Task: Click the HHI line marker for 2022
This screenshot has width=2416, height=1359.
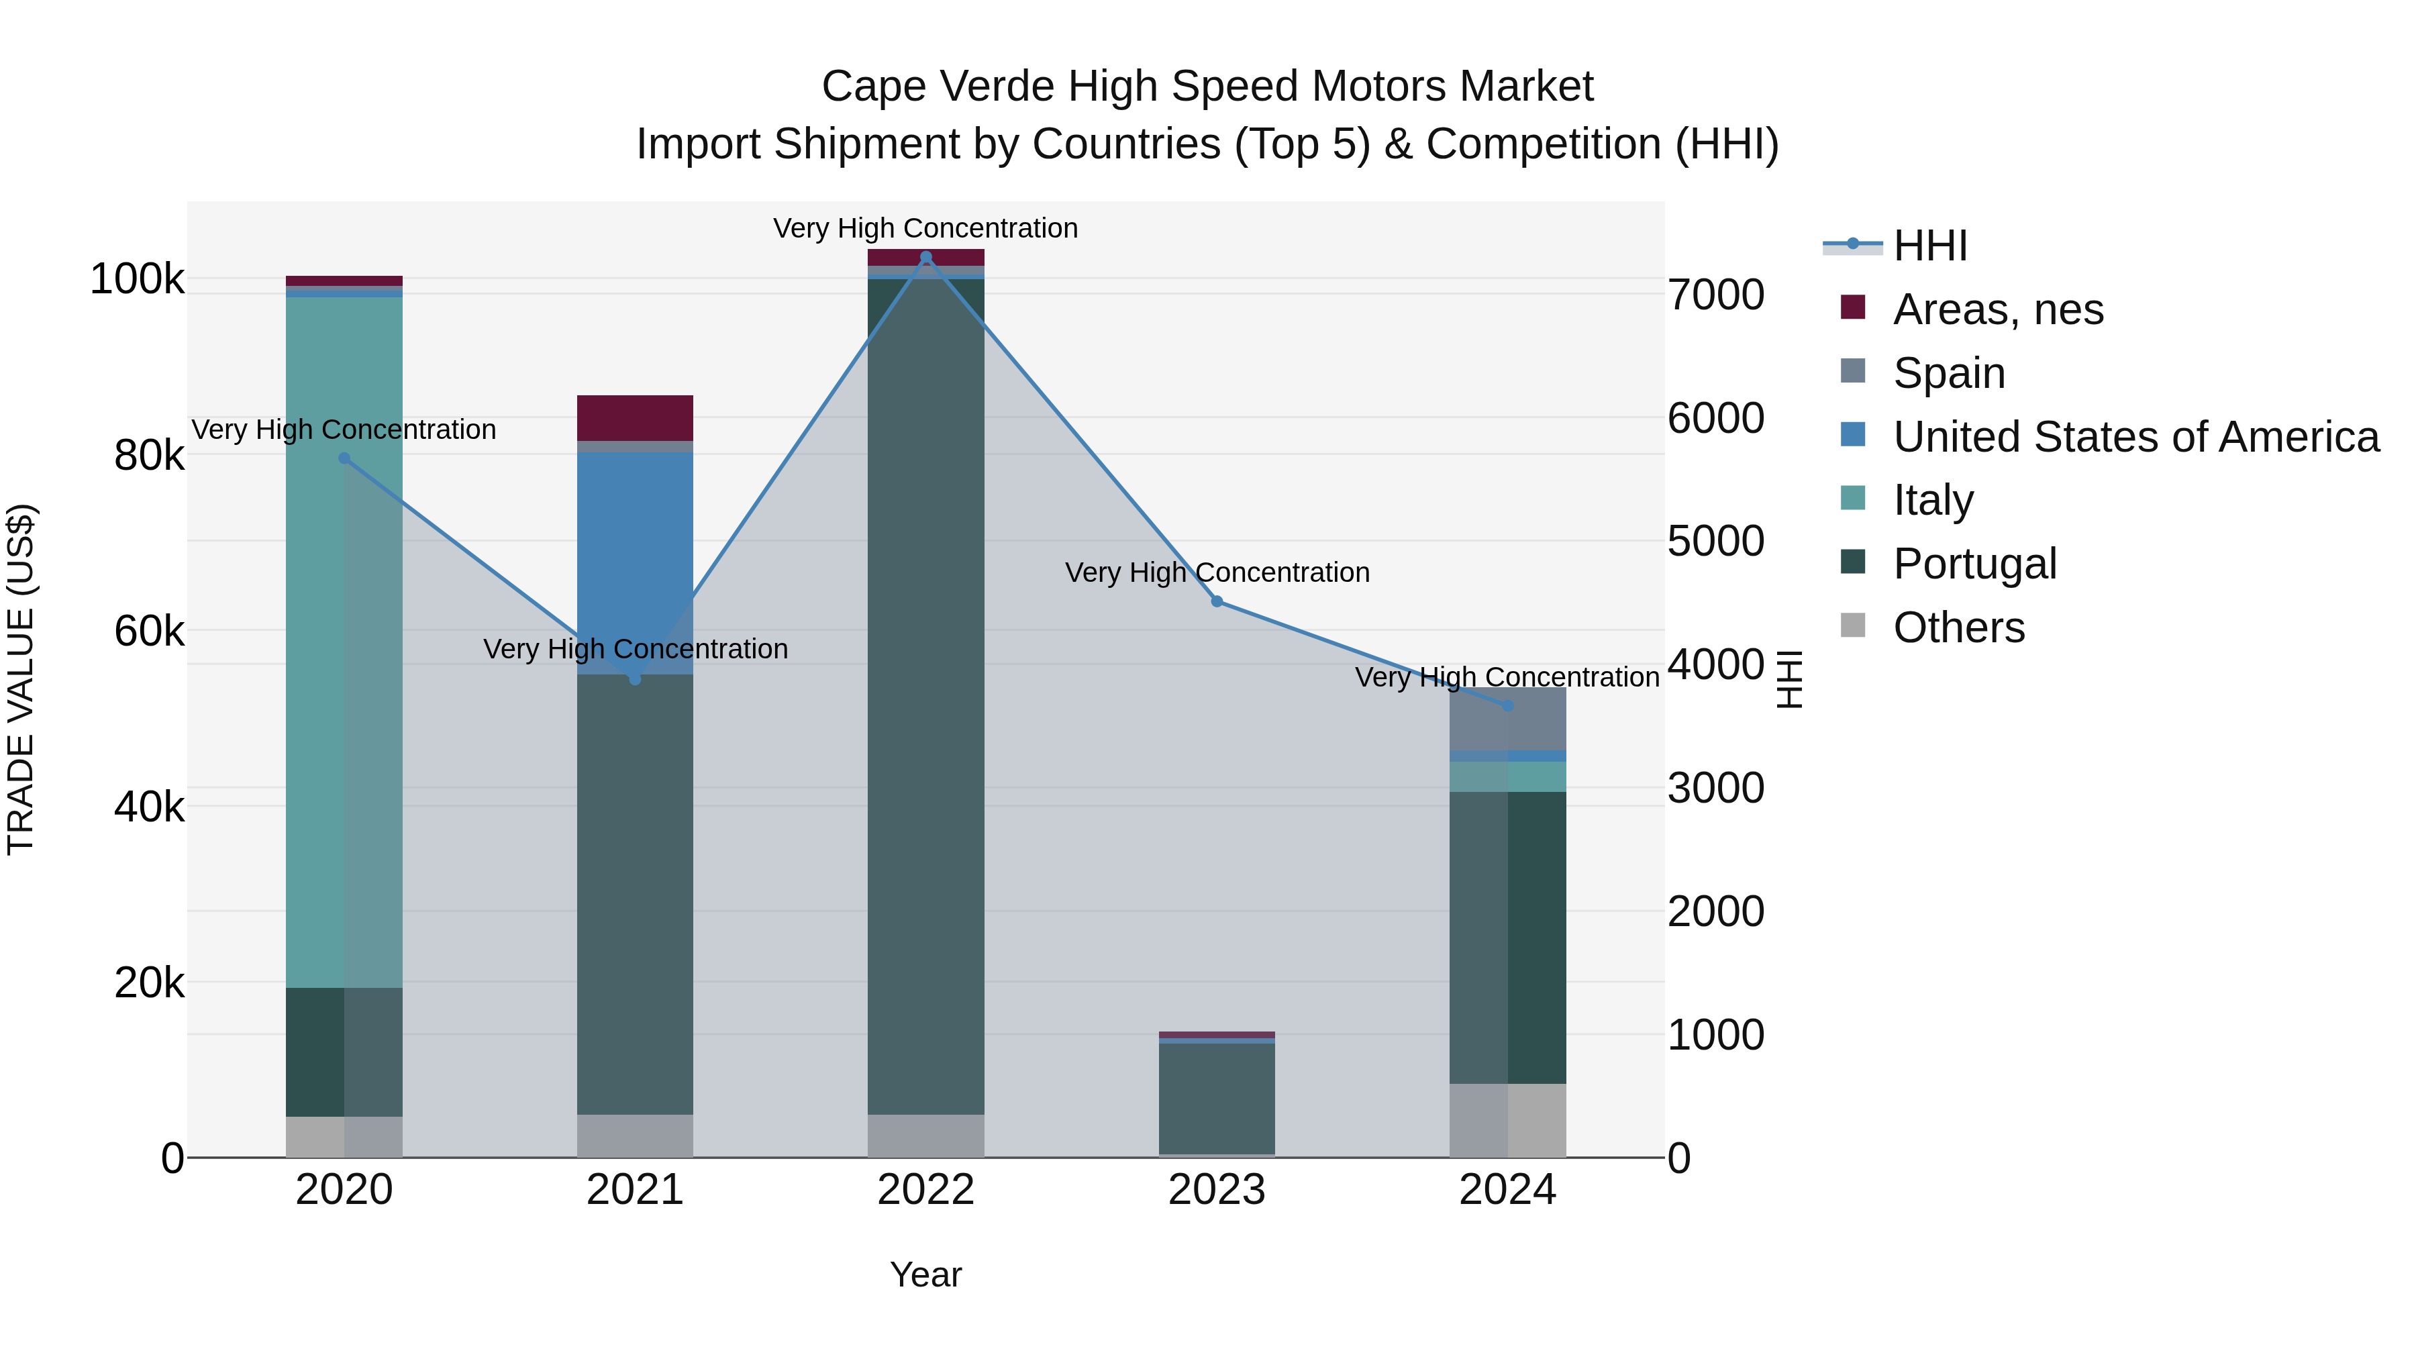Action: (925, 257)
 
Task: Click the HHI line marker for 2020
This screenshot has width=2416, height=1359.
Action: (344, 458)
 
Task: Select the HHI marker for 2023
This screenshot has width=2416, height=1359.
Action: (1217, 601)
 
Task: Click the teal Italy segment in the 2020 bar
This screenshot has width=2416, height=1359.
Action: (344, 638)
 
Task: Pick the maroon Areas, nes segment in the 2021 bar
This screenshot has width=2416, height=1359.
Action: (635, 417)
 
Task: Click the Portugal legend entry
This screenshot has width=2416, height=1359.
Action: (1974, 564)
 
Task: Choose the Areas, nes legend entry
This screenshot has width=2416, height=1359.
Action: (1998, 309)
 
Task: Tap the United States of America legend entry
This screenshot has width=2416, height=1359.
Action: (2135, 437)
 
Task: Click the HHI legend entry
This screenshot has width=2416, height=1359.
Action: (1929, 246)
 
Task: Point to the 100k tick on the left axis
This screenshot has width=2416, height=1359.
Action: (137, 279)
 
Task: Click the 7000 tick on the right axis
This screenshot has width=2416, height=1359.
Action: (1715, 295)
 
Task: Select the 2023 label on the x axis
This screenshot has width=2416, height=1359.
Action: (1217, 1190)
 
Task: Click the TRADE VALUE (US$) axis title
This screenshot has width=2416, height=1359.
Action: (21, 679)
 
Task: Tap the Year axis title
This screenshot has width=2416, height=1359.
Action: (925, 1274)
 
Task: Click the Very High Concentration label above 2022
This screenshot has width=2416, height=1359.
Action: (925, 228)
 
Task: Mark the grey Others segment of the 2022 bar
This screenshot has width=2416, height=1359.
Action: (925, 1135)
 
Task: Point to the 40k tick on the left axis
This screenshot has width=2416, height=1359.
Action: (148, 807)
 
